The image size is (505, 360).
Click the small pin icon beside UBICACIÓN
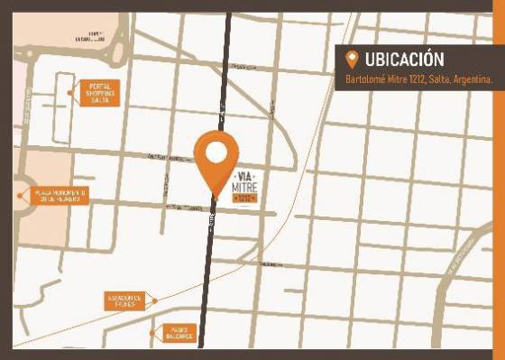click(352, 60)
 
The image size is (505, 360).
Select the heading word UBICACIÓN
click(405, 60)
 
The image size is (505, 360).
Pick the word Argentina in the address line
click(471, 79)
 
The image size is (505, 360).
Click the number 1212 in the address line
click(409, 79)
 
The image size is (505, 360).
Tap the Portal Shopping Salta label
click(99, 93)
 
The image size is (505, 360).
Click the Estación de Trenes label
click(124, 300)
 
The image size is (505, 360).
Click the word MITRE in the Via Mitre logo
click(245, 183)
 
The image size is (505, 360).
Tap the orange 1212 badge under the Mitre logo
click(245, 197)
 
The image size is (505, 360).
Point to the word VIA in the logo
click(245, 171)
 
